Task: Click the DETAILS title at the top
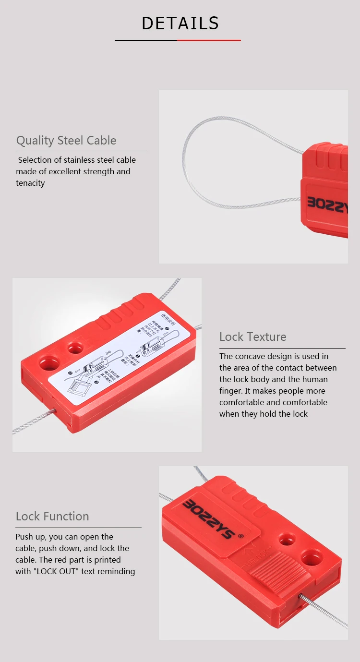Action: click(x=180, y=23)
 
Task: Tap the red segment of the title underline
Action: click(x=209, y=40)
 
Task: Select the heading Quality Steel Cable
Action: click(x=66, y=141)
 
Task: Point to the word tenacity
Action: click(x=30, y=183)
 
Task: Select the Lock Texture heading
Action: click(x=252, y=337)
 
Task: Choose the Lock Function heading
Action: click(x=52, y=517)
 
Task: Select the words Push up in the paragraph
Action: click(x=32, y=537)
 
